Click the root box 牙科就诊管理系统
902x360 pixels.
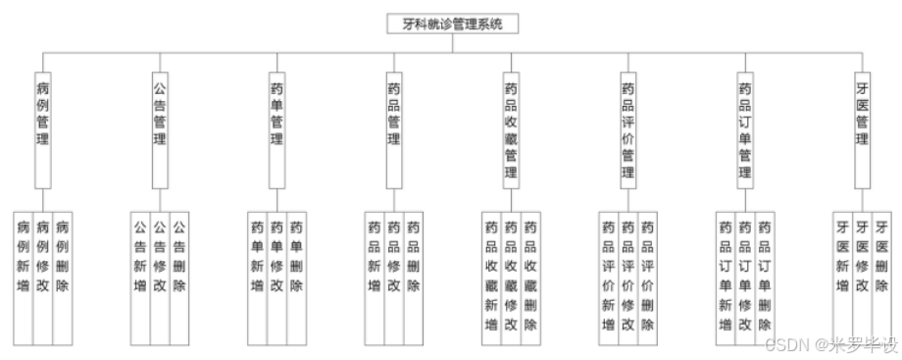451,24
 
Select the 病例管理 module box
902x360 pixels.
42,128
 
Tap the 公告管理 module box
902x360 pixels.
159,128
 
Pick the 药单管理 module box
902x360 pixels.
276,128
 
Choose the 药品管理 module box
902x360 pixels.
394,128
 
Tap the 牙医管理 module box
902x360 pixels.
862,128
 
